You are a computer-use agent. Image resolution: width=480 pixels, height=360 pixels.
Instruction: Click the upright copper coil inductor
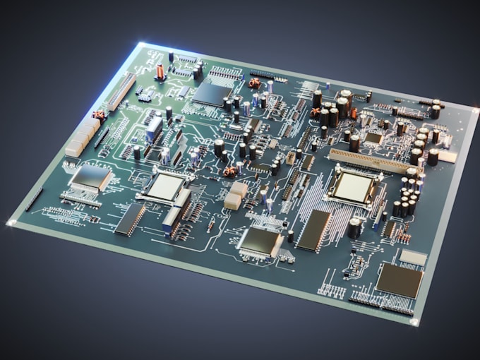(x=160, y=71)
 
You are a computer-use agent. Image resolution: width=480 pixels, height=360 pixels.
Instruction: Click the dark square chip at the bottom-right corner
(x=399, y=280)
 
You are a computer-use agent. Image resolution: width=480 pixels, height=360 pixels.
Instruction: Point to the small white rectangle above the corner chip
(x=413, y=257)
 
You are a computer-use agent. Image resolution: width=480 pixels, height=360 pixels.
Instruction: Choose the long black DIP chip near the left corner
(x=130, y=219)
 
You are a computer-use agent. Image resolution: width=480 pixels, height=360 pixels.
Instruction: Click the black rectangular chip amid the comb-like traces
(x=314, y=230)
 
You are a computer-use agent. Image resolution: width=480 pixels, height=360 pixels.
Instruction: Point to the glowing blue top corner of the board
(x=140, y=45)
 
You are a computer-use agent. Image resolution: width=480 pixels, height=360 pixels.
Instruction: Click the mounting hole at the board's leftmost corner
(x=11, y=223)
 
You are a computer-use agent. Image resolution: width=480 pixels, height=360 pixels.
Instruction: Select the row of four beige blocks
(x=82, y=137)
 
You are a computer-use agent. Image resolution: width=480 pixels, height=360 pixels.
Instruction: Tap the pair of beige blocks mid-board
(x=236, y=196)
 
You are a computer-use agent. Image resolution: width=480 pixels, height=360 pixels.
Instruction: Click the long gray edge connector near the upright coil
(x=121, y=92)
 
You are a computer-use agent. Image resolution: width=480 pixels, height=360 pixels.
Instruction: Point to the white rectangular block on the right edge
(x=448, y=156)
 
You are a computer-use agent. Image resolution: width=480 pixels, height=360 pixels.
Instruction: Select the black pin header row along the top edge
(x=268, y=74)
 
